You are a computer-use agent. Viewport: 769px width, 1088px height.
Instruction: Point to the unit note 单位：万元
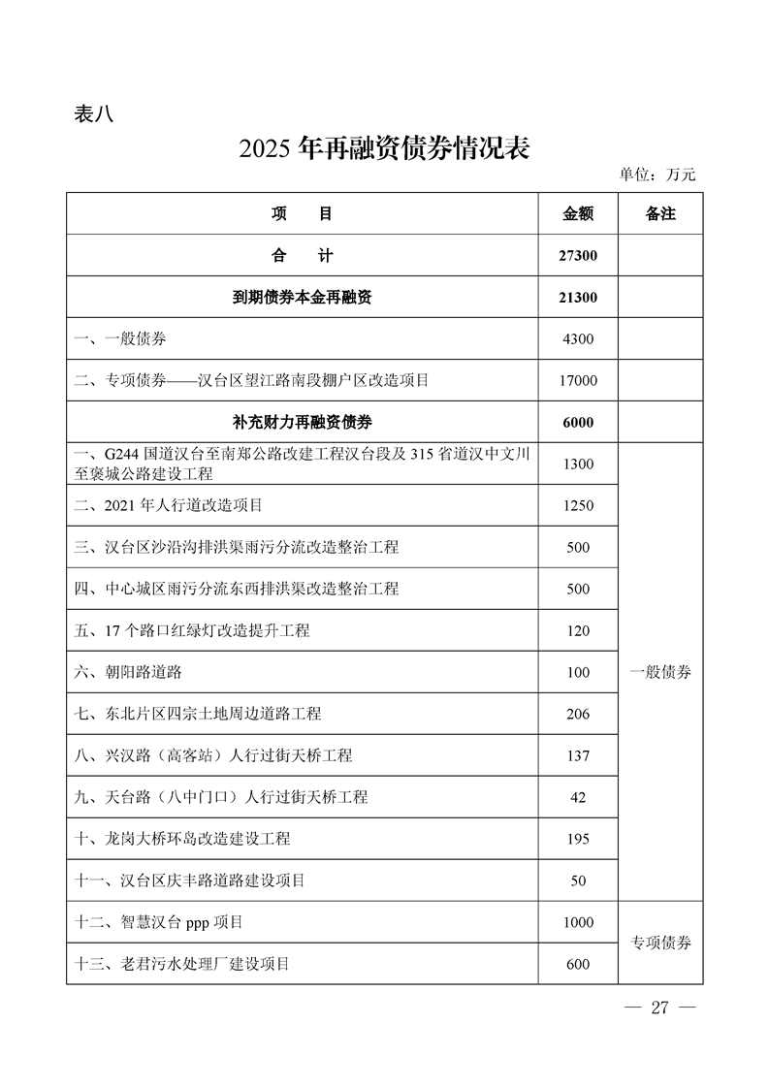click(x=657, y=176)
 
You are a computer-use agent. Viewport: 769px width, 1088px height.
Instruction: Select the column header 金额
click(x=578, y=214)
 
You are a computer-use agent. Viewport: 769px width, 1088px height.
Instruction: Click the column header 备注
click(x=660, y=214)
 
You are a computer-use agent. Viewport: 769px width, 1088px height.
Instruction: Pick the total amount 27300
click(x=578, y=256)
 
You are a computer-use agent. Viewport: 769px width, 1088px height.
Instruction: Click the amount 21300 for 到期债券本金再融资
click(x=578, y=298)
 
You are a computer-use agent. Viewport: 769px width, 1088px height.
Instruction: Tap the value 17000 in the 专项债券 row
click(x=578, y=381)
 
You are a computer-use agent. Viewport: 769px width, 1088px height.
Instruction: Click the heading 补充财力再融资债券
click(x=303, y=423)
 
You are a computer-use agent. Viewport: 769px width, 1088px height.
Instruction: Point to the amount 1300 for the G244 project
click(x=578, y=464)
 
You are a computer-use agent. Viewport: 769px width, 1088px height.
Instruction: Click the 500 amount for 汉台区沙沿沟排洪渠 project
click(x=578, y=547)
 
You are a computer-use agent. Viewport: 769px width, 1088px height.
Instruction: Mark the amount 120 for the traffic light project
click(x=578, y=630)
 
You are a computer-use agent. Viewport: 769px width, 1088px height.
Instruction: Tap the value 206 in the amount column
click(x=578, y=714)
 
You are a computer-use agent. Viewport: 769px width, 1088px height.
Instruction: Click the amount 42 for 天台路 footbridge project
click(x=578, y=797)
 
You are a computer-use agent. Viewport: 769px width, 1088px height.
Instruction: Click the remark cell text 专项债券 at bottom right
click(x=660, y=943)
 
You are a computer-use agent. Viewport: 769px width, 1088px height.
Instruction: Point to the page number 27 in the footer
click(x=660, y=1008)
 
